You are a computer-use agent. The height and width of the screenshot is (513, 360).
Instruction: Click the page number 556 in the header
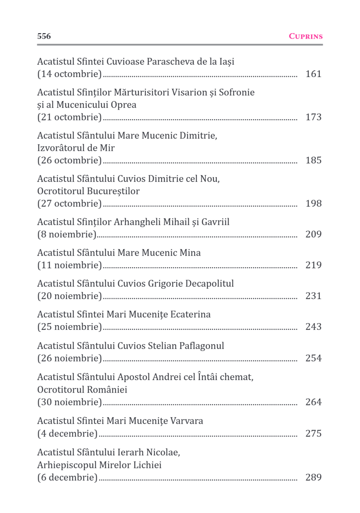click(x=44, y=36)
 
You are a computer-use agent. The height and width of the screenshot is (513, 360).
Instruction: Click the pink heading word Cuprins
click(x=306, y=36)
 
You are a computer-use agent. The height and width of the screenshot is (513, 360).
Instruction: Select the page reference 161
click(x=313, y=74)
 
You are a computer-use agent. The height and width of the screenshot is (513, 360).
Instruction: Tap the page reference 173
click(x=313, y=117)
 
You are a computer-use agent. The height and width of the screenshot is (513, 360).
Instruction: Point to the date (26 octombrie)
click(x=69, y=160)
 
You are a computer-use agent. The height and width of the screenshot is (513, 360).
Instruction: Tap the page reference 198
click(x=313, y=204)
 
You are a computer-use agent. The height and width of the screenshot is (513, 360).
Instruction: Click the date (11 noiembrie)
click(x=69, y=265)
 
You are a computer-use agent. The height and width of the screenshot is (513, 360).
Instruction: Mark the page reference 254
click(x=313, y=358)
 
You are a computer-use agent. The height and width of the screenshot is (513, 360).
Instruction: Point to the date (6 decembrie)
click(x=67, y=477)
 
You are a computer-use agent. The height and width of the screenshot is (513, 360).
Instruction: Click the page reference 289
click(x=313, y=477)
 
